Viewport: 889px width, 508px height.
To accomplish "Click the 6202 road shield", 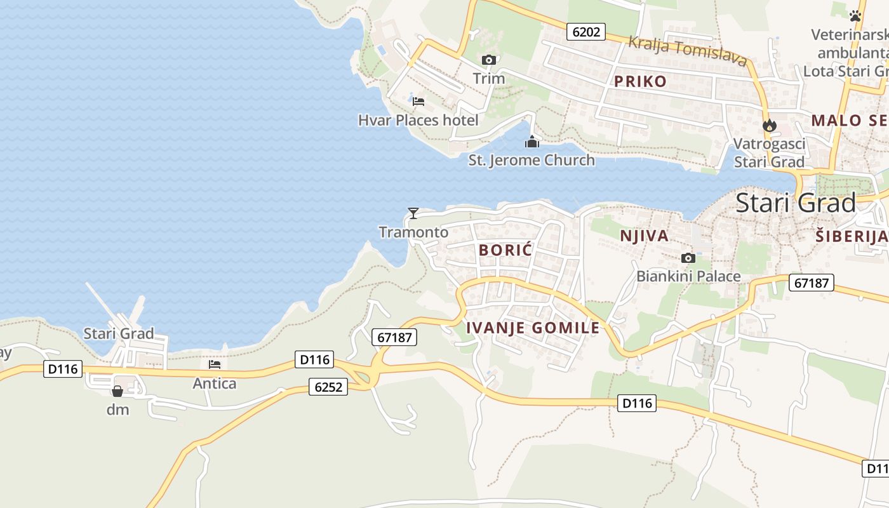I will click(x=586, y=32).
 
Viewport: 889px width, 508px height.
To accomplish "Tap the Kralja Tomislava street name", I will click(x=687, y=51).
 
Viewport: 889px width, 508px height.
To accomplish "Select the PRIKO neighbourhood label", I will click(x=640, y=81).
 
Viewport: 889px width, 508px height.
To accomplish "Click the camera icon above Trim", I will click(x=488, y=60).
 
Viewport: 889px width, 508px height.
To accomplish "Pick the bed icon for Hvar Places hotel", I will click(x=418, y=101).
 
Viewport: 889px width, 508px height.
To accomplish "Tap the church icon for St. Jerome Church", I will click(x=531, y=142).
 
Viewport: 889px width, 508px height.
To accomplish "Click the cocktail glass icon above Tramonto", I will click(x=413, y=213).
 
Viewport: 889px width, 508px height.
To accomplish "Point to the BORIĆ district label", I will click(x=505, y=250).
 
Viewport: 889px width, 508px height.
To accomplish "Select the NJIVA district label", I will click(x=644, y=236).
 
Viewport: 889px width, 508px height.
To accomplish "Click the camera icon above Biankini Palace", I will click(x=688, y=258).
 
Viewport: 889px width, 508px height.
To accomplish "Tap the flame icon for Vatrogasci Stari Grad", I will click(x=770, y=126).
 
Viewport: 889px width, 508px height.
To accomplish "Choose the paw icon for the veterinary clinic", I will click(x=855, y=16).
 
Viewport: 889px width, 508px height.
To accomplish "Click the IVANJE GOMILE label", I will click(x=532, y=328).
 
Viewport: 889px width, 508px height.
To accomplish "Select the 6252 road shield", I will click(x=328, y=386).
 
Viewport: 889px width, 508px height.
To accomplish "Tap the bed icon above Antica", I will click(x=215, y=365).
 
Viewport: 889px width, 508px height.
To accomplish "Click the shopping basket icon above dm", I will click(x=117, y=391).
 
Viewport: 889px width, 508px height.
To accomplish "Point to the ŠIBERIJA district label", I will click(x=851, y=237).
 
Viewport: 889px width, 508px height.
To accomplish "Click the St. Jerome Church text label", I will click(x=531, y=160).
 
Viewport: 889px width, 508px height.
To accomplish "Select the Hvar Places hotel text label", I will click(x=418, y=120).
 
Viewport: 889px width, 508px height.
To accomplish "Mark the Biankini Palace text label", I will click(x=688, y=276).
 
